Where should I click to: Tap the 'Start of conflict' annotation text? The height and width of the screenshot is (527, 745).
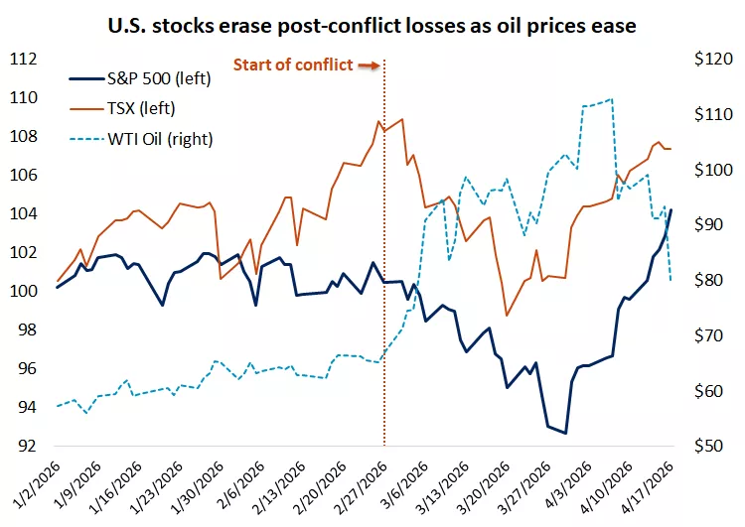pyautogui.click(x=293, y=66)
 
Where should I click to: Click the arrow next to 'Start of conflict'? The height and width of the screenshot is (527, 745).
pyautogui.click(x=369, y=66)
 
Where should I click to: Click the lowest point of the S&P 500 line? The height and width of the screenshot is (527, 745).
pyautogui.click(x=565, y=433)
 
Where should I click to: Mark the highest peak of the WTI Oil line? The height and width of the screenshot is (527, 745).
pyautogui.click(x=611, y=99)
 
